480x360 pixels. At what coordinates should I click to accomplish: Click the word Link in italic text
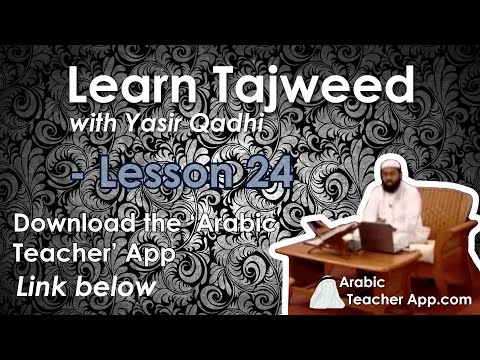coord(44,288)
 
